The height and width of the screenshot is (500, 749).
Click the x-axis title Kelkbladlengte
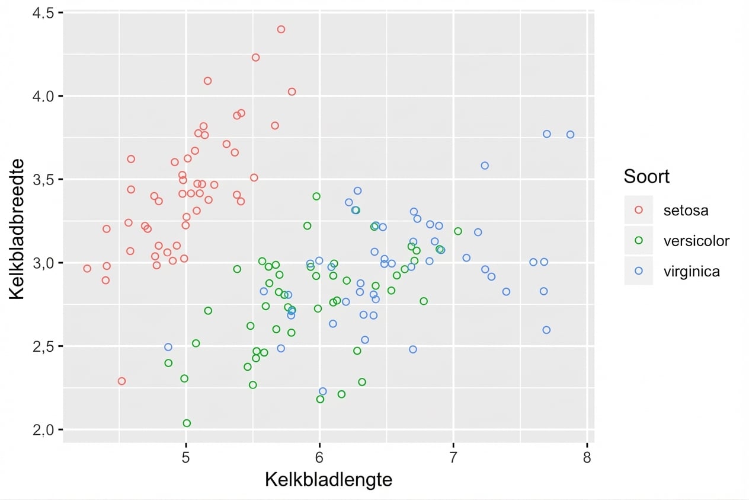(328, 479)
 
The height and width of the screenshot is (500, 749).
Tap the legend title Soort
(646, 176)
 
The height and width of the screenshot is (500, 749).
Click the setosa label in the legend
(686, 210)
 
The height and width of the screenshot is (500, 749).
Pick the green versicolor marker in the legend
(638, 240)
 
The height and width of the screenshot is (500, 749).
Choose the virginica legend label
(692, 272)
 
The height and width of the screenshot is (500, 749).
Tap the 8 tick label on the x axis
(587, 457)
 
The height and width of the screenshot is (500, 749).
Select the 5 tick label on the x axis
(186, 457)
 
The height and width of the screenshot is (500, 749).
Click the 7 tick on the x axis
(453, 457)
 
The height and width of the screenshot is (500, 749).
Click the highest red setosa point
(281, 29)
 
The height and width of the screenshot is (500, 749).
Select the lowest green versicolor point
(187, 423)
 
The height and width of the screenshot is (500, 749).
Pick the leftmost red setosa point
(87, 268)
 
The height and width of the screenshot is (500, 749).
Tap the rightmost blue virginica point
(570, 135)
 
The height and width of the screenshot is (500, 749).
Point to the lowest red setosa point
(121, 381)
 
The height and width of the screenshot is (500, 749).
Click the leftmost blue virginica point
(168, 347)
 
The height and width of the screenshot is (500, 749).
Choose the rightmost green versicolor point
(457, 231)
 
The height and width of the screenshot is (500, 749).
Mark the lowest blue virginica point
(323, 391)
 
